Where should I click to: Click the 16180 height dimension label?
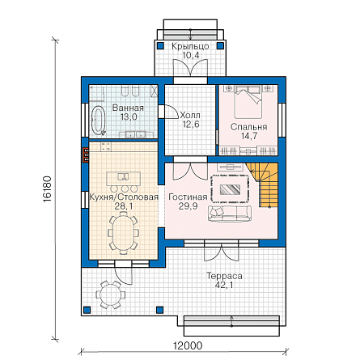pyautogui.click(x=47, y=189)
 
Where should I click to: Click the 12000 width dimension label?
pyautogui.click(x=188, y=345)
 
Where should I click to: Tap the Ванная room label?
pyautogui.click(x=128, y=108)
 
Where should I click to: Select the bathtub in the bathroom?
pyautogui.click(x=99, y=120)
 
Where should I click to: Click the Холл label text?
pyautogui.click(x=190, y=116)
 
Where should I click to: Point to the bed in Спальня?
pyautogui.click(x=248, y=102)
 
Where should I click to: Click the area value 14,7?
pyautogui.click(x=249, y=136)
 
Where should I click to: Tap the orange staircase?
pyautogui.click(x=263, y=184)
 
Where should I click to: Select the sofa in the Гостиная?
pyautogui.click(x=230, y=214)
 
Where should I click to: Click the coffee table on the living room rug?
pyautogui.click(x=230, y=189)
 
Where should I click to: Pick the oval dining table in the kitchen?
pyautogui.click(x=124, y=233)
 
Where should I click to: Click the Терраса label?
pyautogui.click(x=224, y=276)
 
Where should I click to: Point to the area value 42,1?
pyautogui.click(x=224, y=285)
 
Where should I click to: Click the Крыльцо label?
pyautogui.click(x=190, y=46)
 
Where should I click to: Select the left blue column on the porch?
pyautogui.click(x=160, y=45)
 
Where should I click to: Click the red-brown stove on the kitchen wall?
pyautogui.click(x=86, y=155)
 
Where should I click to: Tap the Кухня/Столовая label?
pyautogui.click(x=124, y=197)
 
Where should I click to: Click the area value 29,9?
pyautogui.click(x=188, y=206)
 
